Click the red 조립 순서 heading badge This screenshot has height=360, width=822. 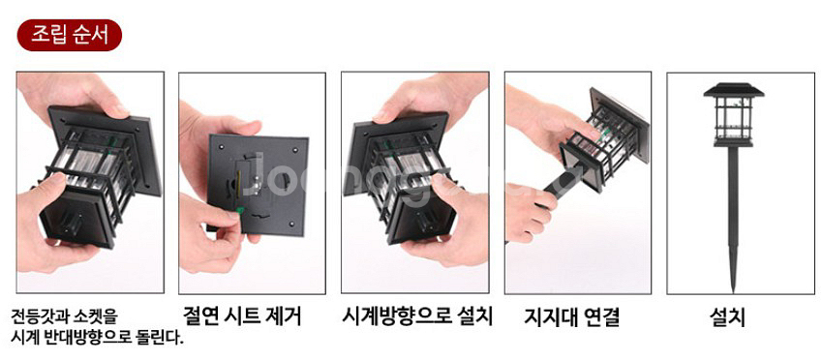[x=69, y=35]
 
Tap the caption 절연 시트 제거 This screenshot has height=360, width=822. [x=242, y=315]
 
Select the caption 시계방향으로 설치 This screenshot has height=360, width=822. [x=418, y=315]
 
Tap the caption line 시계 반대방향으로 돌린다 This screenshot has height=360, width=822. [x=96, y=338]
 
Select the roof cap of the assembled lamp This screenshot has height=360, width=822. [x=733, y=91]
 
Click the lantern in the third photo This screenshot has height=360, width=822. [x=402, y=174]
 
